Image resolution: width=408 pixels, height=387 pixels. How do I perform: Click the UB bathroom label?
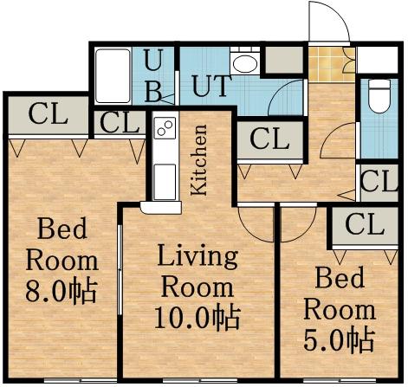tap(152, 77)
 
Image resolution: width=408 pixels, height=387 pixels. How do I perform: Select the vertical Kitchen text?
tap(199, 160)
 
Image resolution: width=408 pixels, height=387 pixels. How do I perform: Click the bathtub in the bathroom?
tap(113, 77)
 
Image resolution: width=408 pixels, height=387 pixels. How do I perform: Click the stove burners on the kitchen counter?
tap(164, 130)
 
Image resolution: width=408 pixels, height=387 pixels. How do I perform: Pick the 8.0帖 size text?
tap(60, 287)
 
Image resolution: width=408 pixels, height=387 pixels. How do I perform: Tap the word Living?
tap(197, 257)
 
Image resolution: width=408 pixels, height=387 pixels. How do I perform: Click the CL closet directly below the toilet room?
tap(379, 182)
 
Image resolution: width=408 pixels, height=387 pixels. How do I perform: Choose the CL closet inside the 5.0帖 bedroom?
tap(364, 225)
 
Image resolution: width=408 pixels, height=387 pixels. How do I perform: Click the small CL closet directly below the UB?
tap(119, 123)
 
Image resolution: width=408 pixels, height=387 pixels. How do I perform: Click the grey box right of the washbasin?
tap(282, 61)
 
